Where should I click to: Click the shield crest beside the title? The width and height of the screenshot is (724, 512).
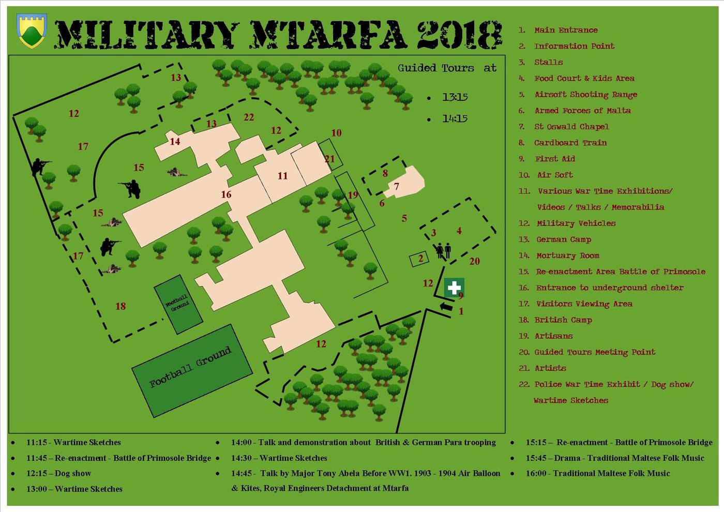pos(32,30)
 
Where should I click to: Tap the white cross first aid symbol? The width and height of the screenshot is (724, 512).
pos(454,288)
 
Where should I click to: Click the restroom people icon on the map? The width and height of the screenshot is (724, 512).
pos(443,251)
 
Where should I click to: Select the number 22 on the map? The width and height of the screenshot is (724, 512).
pos(249,117)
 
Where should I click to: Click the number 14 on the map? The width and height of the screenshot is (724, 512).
pos(175,141)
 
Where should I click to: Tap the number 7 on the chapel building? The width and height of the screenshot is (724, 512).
pos(397,186)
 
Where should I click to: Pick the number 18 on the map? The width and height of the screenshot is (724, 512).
pos(120,306)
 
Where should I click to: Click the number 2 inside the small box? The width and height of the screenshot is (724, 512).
pos(421,259)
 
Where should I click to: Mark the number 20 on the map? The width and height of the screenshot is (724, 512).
pos(475,261)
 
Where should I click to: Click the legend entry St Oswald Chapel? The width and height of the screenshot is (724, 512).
pos(571,127)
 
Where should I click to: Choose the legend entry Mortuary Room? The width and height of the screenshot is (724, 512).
pos(567,255)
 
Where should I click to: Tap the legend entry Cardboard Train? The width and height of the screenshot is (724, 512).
pos(570,143)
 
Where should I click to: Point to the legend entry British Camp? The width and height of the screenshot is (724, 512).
pos(563,320)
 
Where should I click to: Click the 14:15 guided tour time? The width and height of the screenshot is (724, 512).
pos(455,118)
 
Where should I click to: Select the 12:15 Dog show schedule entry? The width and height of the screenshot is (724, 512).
pos(58,473)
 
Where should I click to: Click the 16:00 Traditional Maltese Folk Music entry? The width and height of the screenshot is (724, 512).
pos(597,473)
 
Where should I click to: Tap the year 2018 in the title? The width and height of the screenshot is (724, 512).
pos(459,35)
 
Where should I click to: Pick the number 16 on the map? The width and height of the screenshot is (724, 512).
pos(226,194)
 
